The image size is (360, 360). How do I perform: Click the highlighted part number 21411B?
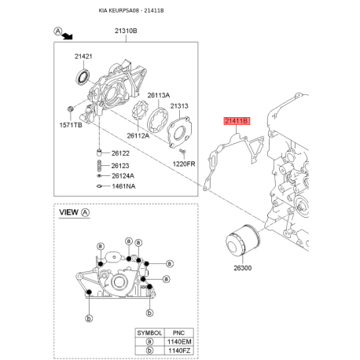pyautogui.click(x=237, y=121)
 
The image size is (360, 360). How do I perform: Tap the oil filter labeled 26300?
pyautogui.click(x=243, y=240)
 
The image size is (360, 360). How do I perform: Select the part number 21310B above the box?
pyautogui.click(x=126, y=31)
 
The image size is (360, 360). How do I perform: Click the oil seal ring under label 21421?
pyautogui.click(x=83, y=77)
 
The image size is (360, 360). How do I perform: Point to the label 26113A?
pyautogui.click(x=159, y=95)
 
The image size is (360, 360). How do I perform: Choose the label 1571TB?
pyautogui.click(x=71, y=125)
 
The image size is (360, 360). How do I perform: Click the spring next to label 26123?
pyautogui.click(x=99, y=166)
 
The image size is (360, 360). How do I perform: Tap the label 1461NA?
pyautogui.click(x=123, y=186)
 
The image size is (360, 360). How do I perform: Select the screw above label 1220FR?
pyautogui.click(x=182, y=151)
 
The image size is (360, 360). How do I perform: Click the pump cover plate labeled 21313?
pyautogui.click(x=179, y=132)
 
